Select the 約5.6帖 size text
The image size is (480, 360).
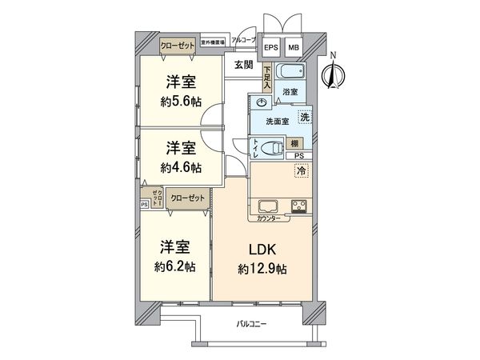181,102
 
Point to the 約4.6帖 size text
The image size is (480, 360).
181,168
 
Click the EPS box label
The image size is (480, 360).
270,47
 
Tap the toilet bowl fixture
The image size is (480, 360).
272,146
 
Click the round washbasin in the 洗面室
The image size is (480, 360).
262,104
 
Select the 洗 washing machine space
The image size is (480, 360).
305,117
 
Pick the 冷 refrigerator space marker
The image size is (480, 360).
302,170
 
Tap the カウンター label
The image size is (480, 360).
270,218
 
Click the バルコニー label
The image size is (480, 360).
252,324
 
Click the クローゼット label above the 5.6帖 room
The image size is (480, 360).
177,46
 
